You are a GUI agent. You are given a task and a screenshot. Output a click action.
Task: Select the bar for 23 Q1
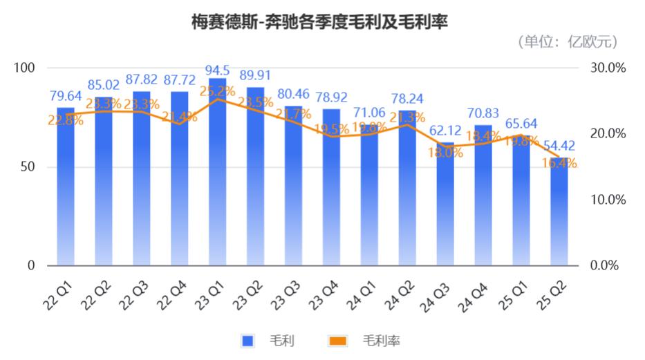tap(217, 173)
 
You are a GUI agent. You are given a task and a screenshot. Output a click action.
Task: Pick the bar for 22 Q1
tap(65, 187)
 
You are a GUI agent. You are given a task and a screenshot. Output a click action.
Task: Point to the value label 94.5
tap(217, 71)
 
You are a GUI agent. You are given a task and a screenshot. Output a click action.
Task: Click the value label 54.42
tap(559, 146)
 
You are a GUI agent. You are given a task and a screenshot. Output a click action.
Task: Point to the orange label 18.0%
tap(445, 153)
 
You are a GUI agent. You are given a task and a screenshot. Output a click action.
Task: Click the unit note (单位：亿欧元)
tap(568, 42)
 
